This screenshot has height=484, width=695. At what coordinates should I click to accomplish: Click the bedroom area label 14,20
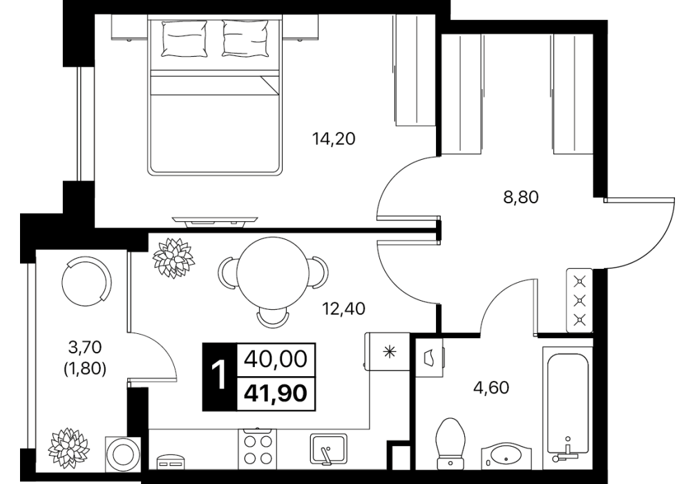(x=333, y=139)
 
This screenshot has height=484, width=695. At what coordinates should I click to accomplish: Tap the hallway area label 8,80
(x=521, y=196)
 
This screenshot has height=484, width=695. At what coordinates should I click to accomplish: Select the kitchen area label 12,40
(x=343, y=308)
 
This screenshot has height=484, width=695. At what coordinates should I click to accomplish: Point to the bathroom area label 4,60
(x=491, y=388)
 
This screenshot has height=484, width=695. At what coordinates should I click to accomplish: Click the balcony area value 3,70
(x=86, y=346)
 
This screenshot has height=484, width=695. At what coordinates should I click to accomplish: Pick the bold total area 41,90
(x=276, y=393)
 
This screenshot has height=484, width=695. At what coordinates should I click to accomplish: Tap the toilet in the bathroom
(x=450, y=443)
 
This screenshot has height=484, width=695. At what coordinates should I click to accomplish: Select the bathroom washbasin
(x=506, y=455)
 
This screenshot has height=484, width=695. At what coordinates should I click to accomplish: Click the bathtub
(x=567, y=404)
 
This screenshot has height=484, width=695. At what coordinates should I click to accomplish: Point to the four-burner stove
(x=258, y=449)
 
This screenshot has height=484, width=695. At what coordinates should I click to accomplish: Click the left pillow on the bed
(x=184, y=38)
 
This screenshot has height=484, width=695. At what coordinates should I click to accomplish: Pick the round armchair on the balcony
(x=87, y=282)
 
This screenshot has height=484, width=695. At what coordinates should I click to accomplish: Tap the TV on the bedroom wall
(x=215, y=221)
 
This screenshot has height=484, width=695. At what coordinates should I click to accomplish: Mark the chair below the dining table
(x=272, y=317)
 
